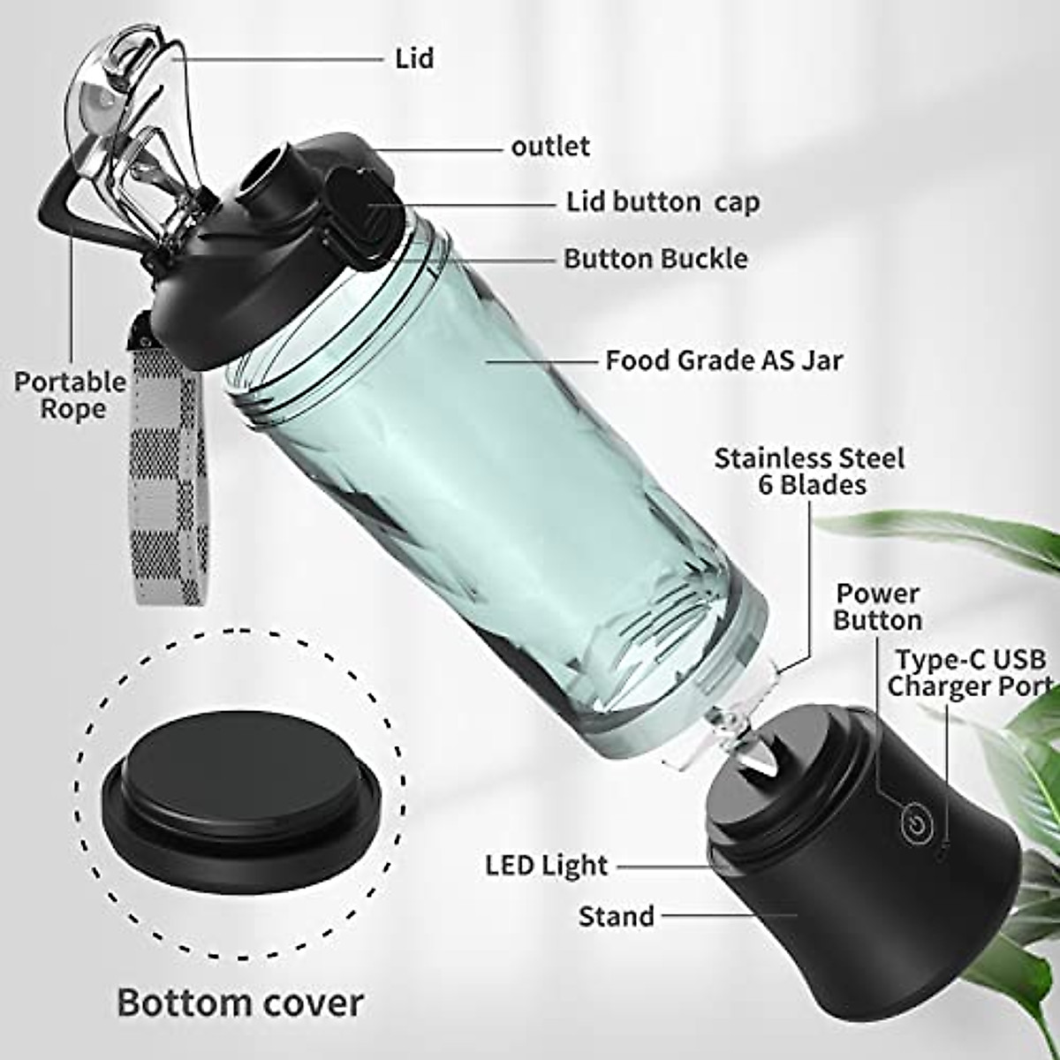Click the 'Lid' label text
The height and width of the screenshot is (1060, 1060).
(x=414, y=58)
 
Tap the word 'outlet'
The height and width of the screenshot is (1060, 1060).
(x=549, y=146)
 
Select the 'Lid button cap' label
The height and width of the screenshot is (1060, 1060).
(x=662, y=201)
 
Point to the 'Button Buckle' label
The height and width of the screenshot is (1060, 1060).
(x=655, y=258)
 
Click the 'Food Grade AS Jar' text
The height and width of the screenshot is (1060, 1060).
(x=723, y=360)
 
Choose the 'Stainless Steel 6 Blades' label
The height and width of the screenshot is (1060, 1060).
(x=809, y=471)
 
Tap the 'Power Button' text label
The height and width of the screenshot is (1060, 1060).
(x=877, y=607)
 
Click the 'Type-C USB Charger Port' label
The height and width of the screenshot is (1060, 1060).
(x=969, y=673)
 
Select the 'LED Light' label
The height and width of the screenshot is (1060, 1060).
(x=547, y=866)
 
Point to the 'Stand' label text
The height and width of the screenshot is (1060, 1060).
(x=616, y=916)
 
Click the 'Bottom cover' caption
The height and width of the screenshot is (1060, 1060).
(x=240, y=1003)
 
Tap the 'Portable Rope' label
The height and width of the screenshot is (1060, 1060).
(x=71, y=395)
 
